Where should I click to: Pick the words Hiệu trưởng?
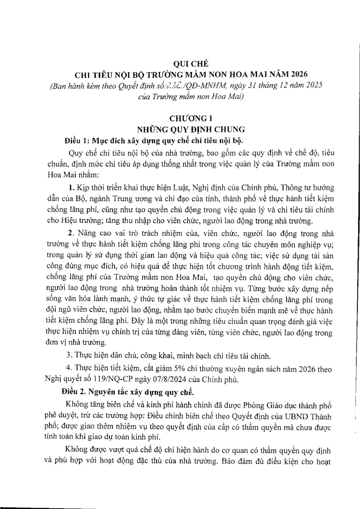73,221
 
